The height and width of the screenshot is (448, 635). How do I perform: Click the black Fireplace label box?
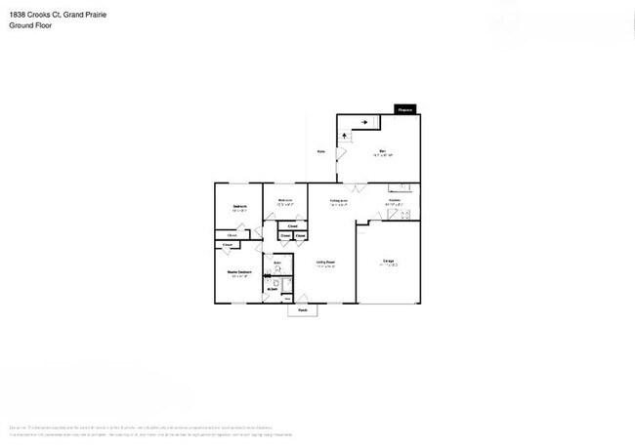coord(405,110)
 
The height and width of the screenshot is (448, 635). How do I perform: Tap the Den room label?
coord(383,150)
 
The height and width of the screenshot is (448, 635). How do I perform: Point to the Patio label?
coord(320,151)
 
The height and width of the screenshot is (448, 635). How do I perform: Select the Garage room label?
coord(388,261)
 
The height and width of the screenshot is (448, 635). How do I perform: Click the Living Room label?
coord(325,262)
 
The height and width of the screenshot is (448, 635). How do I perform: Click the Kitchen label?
coord(395,200)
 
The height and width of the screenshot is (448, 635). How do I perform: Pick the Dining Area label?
coord(339,200)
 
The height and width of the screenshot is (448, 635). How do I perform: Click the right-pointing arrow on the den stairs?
coord(363,122)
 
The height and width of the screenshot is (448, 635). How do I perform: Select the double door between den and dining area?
coord(355,186)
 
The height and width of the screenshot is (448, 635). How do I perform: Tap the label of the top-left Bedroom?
coord(239,206)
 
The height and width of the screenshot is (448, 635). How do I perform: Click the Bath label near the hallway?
coord(276,264)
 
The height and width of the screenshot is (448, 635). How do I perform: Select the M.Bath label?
coord(275,287)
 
